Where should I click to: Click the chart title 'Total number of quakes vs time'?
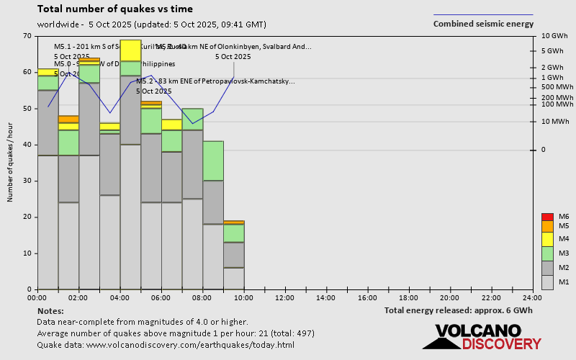pyautogui.click(x=114, y=9)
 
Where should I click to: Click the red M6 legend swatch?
pyautogui.click(x=547, y=217)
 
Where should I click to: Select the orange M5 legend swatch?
pyautogui.click(x=547, y=226)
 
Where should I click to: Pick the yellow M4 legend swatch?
pyautogui.click(x=547, y=238)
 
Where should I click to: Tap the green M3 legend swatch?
pyautogui.click(x=547, y=253)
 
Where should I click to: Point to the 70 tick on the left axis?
pyautogui.click(x=27, y=36)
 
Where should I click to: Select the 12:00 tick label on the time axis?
pyautogui.click(x=285, y=297)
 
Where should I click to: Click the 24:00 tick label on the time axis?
pyautogui.click(x=532, y=297)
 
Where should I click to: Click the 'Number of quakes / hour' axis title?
pyautogui.click(x=11, y=163)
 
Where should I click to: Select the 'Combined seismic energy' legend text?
pyautogui.click(x=483, y=24)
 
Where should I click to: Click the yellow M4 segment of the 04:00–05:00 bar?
pyautogui.click(x=130, y=50)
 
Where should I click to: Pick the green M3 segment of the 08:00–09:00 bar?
pyautogui.click(x=213, y=161)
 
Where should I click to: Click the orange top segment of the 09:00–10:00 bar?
pyautogui.click(x=233, y=222)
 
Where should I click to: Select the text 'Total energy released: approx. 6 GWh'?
pyautogui.click(x=459, y=310)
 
